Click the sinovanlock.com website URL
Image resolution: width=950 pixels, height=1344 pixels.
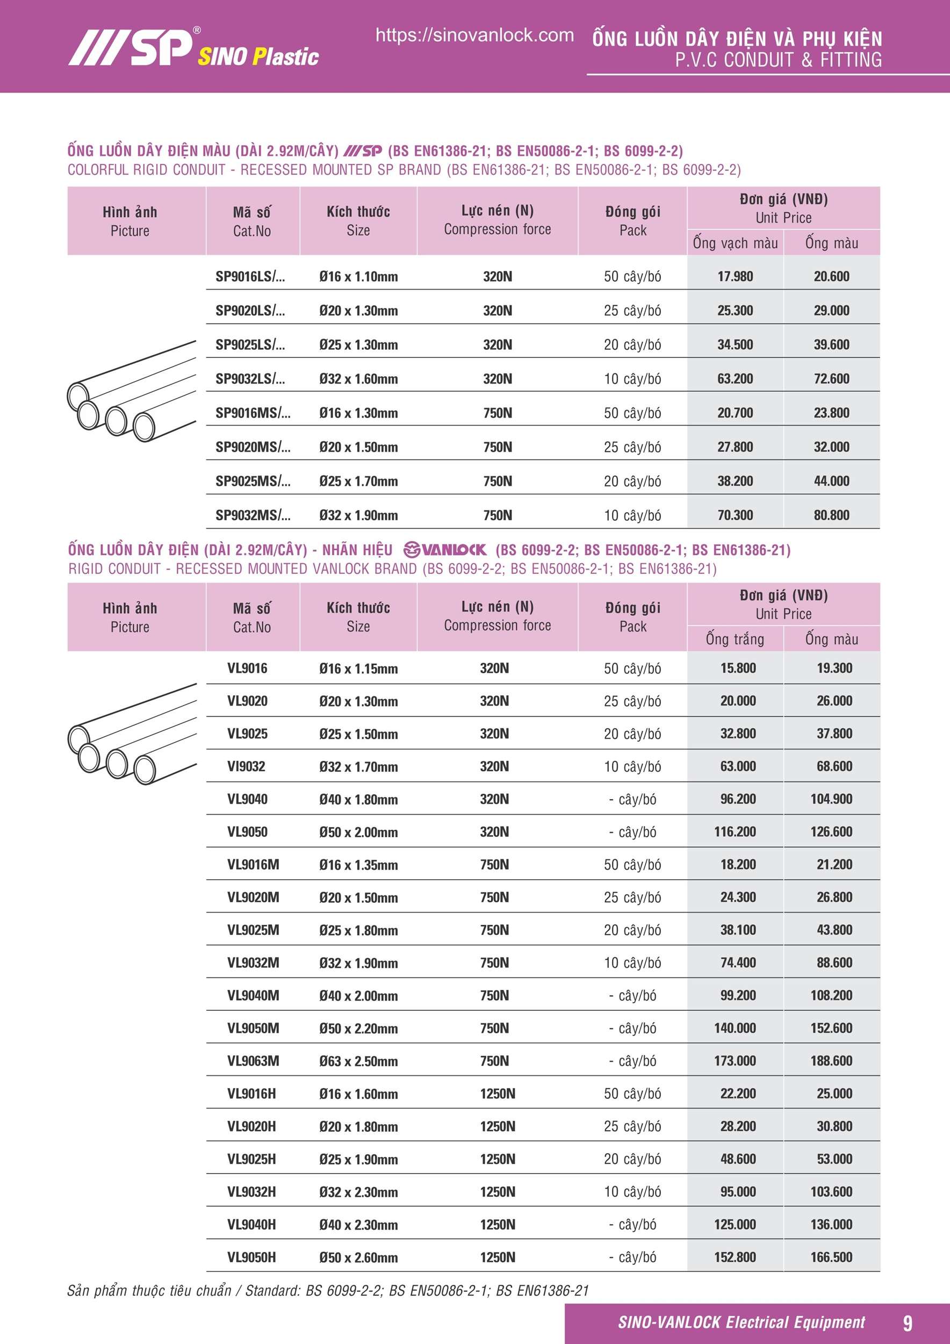pyautogui.click(x=474, y=35)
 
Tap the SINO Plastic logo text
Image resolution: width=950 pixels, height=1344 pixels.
pyautogui.click(x=258, y=57)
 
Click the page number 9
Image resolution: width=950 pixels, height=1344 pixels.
pyautogui.click(x=907, y=1323)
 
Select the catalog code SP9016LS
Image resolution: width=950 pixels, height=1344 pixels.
pyautogui.click(x=250, y=276)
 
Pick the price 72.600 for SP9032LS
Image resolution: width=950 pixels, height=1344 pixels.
pyautogui.click(x=831, y=379)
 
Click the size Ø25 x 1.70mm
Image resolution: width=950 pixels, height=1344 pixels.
pyautogui.click(x=358, y=481)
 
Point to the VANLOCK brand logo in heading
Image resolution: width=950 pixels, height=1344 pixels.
pyautogui.click(x=445, y=550)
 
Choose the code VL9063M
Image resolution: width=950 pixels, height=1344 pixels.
pyautogui.click(x=253, y=1061)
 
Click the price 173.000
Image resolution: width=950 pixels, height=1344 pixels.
pyautogui.click(x=735, y=1061)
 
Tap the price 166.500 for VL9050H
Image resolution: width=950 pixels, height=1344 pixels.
pyautogui.click(x=831, y=1257)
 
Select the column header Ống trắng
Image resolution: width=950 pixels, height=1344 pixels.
pyautogui.click(x=735, y=638)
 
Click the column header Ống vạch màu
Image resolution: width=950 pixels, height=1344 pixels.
pyautogui.click(x=735, y=243)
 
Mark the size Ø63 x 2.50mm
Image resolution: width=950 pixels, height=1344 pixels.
pyautogui.click(x=358, y=1061)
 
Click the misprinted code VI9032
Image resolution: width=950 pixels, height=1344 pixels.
pyautogui.click(x=246, y=766)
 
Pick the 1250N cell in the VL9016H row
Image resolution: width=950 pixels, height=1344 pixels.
pyautogui.click(x=498, y=1094)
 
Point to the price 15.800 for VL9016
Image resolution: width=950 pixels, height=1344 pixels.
pyautogui.click(x=738, y=668)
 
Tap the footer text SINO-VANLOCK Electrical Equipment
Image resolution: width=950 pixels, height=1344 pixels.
pyautogui.click(x=741, y=1323)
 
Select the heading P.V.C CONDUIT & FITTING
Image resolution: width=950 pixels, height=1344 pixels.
pyautogui.click(x=778, y=60)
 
